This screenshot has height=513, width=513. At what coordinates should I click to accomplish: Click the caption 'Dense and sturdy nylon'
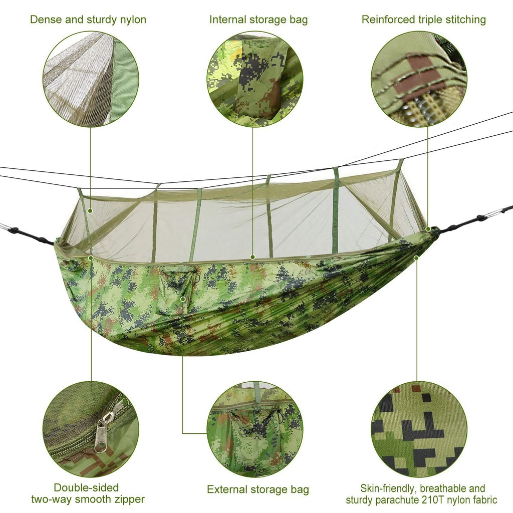point(88,20)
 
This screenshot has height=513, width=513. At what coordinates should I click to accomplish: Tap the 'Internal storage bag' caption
point(259,20)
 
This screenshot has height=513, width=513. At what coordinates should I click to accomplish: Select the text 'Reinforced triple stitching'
point(424,20)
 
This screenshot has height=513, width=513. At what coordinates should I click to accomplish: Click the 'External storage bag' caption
point(258,489)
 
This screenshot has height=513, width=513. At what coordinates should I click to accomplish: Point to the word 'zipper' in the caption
point(128,499)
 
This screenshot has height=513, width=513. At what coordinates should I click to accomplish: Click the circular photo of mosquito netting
point(91,79)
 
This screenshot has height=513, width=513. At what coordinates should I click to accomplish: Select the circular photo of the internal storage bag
point(254,79)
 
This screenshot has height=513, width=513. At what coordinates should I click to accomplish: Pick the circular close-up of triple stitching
point(419,79)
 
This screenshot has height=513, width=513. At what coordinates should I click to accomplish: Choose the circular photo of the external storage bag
point(254,429)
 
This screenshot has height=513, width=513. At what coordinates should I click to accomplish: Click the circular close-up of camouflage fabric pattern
point(419,429)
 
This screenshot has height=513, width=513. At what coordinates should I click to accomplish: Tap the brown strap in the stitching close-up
point(417,75)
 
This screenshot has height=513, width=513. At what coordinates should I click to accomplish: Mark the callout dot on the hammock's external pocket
point(183,299)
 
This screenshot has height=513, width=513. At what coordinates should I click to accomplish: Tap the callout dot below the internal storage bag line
point(252,257)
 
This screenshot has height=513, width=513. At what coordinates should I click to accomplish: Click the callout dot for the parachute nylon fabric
point(416,258)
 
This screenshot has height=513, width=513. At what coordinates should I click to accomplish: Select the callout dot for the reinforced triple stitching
point(428,229)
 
